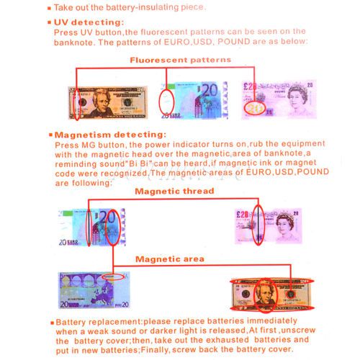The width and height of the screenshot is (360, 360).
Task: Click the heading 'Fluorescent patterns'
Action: [180, 60]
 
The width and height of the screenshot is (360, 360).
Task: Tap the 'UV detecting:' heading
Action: [89, 22]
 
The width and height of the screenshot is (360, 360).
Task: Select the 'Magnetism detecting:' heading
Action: [110, 135]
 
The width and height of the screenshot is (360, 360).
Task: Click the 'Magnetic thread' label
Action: [174, 191]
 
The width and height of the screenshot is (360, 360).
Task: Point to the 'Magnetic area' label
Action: [170, 259]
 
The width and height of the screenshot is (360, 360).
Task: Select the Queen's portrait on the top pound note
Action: [297, 99]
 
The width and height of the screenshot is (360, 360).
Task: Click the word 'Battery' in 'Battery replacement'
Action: [71, 322]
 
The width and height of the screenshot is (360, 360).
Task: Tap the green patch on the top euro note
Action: [171, 86]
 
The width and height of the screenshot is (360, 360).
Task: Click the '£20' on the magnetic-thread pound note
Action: [243, 215]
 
